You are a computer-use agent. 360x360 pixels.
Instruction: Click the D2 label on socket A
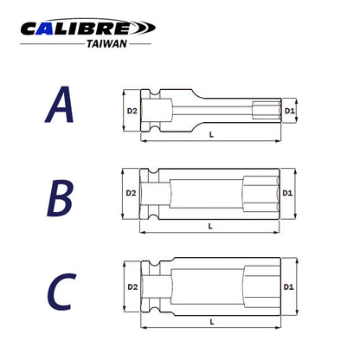(132, 112)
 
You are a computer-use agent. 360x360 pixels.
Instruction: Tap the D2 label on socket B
(131, 193)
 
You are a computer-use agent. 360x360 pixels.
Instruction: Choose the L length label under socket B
(213, 226)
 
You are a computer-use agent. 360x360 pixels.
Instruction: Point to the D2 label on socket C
(132, 285)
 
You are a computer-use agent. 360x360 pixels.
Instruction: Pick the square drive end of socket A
(156, 112)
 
